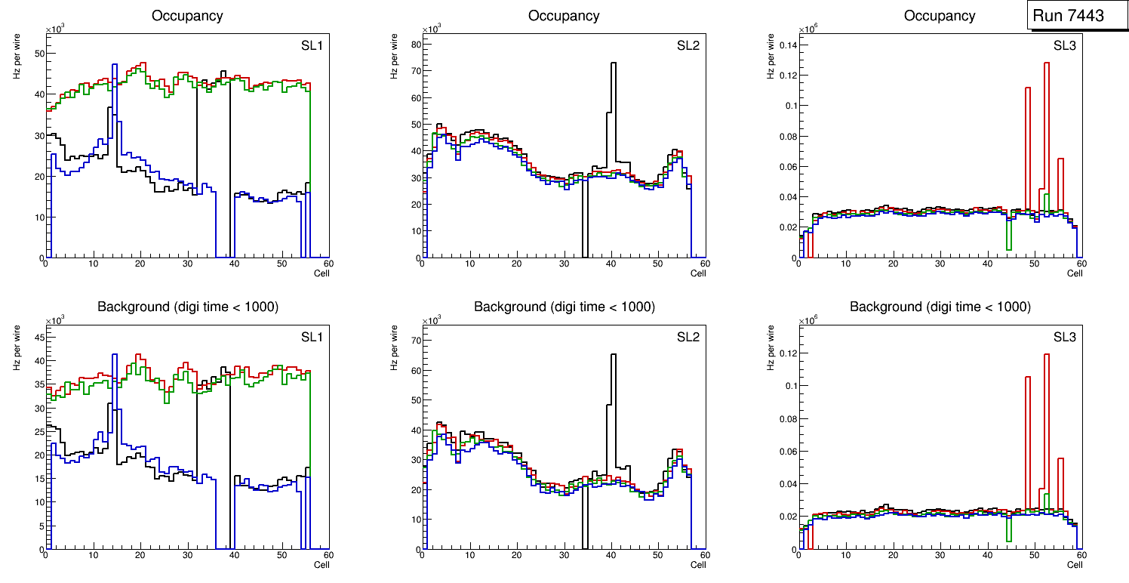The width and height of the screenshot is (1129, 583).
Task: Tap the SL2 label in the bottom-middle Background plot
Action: pos(688,337)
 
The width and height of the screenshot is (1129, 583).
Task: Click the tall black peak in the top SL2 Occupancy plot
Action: pos(614,63)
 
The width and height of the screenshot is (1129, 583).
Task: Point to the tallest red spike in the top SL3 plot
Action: pos(1047,63)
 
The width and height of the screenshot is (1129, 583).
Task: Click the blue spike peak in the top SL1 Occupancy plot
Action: pos(115,65)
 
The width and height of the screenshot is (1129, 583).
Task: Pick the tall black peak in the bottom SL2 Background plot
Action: pos(614,354)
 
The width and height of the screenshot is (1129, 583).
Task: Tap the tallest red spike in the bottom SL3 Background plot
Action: pos(1047,355)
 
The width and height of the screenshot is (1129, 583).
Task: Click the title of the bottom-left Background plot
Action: pos(188,307)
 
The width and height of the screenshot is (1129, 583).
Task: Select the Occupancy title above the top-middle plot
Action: pos(564,16)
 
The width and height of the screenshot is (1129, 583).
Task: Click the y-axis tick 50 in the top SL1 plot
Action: pos(38,54)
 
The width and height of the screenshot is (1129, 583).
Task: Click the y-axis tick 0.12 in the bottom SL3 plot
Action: pos(787,353)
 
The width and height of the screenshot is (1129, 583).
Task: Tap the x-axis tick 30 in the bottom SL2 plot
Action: pos(563,556)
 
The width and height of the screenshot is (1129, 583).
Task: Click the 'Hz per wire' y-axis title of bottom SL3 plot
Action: pos(771,347)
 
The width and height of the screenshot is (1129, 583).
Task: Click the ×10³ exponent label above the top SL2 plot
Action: pos(431,29)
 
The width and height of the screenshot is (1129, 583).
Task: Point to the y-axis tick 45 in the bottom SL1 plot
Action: pos(38,338)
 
